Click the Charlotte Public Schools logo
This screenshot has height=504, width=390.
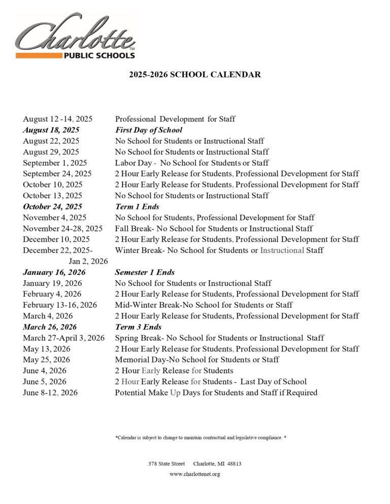(x=75, y=37)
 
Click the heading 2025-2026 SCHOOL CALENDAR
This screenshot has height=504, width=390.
(x=194, y=75)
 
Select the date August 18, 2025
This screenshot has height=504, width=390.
(x=51, y=130)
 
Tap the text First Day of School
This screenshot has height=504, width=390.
(x=148, y=130)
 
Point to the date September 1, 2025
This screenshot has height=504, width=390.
(x=55, y=163)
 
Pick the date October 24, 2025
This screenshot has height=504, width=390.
(x=52, y=207)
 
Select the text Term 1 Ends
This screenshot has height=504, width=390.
(x=137, y=207)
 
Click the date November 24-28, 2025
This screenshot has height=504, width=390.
(x=62, y=229)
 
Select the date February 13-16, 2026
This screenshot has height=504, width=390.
(x=60, y=305)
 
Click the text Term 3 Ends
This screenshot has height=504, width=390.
(x=138, y=327)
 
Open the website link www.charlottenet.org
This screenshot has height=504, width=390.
(x=194, y=475)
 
